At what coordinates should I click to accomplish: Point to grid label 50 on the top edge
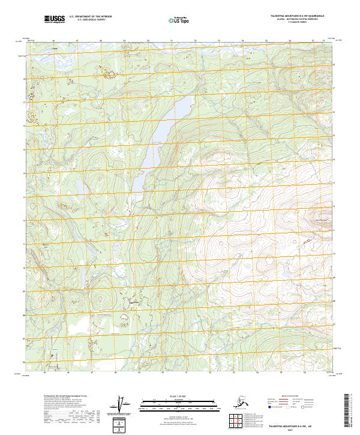pyautogui.click(x=148, y=41)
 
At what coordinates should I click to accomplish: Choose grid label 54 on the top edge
pyautogui.click(x=242, y=41)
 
